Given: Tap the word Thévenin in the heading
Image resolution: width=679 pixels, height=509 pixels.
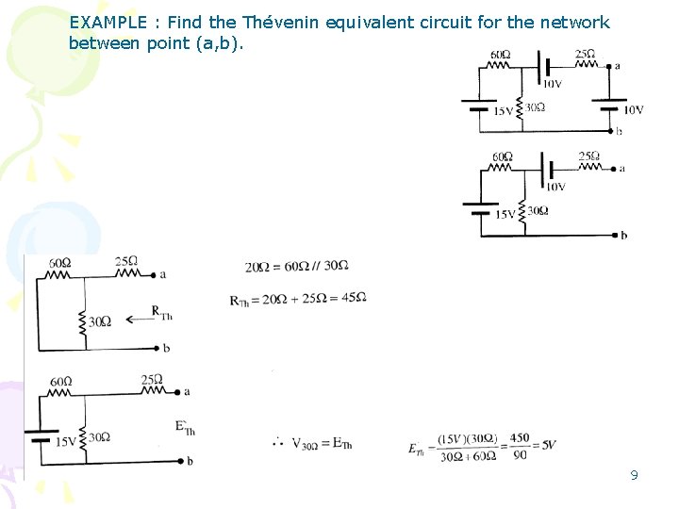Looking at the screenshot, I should pos(283,23).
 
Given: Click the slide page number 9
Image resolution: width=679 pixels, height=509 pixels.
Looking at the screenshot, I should pos(635,475).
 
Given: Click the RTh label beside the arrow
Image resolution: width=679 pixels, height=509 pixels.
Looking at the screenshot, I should pos(164,314).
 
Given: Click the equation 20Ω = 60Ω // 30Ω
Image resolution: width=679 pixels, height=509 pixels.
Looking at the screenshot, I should pos(296,267).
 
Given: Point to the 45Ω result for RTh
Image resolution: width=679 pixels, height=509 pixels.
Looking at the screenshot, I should pos(354,298).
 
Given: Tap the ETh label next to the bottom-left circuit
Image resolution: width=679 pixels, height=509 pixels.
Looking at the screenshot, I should pos(184,427).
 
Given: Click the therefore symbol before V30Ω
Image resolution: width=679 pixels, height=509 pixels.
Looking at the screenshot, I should pos(278,441).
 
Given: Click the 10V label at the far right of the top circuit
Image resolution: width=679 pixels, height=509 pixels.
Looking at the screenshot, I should pos(632,110).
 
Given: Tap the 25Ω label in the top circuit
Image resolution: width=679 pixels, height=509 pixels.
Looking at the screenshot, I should pos(585,54).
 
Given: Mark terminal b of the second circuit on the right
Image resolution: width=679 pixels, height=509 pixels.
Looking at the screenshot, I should pos(622,235).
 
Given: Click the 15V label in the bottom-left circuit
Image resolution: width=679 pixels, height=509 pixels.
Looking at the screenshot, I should pos(65,441).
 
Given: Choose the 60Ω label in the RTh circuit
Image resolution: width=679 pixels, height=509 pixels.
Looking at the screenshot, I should pos(60,262).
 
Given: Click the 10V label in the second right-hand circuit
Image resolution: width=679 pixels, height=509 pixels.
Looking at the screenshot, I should pos(555,187).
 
